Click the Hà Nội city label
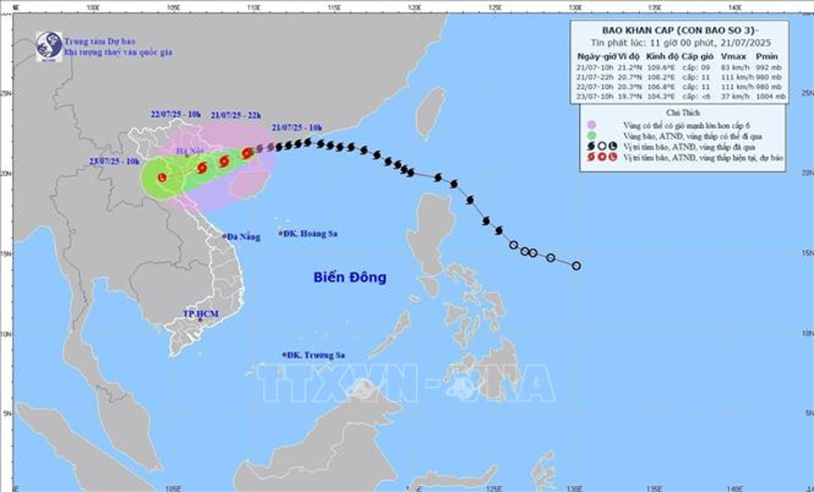pyautogui.click(x=189, y=152)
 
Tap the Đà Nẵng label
pyautogui.click(x=243, y=237)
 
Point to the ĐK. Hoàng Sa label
pyautogui.click(x=309, y=234)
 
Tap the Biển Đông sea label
pyautogui.click(x=349, y=277)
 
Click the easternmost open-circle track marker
pyautogui.click(x=577, y=266)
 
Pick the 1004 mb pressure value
pyautogui.click(x=769, y=97)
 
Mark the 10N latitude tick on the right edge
pyautogui.click(x=806, y=333)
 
